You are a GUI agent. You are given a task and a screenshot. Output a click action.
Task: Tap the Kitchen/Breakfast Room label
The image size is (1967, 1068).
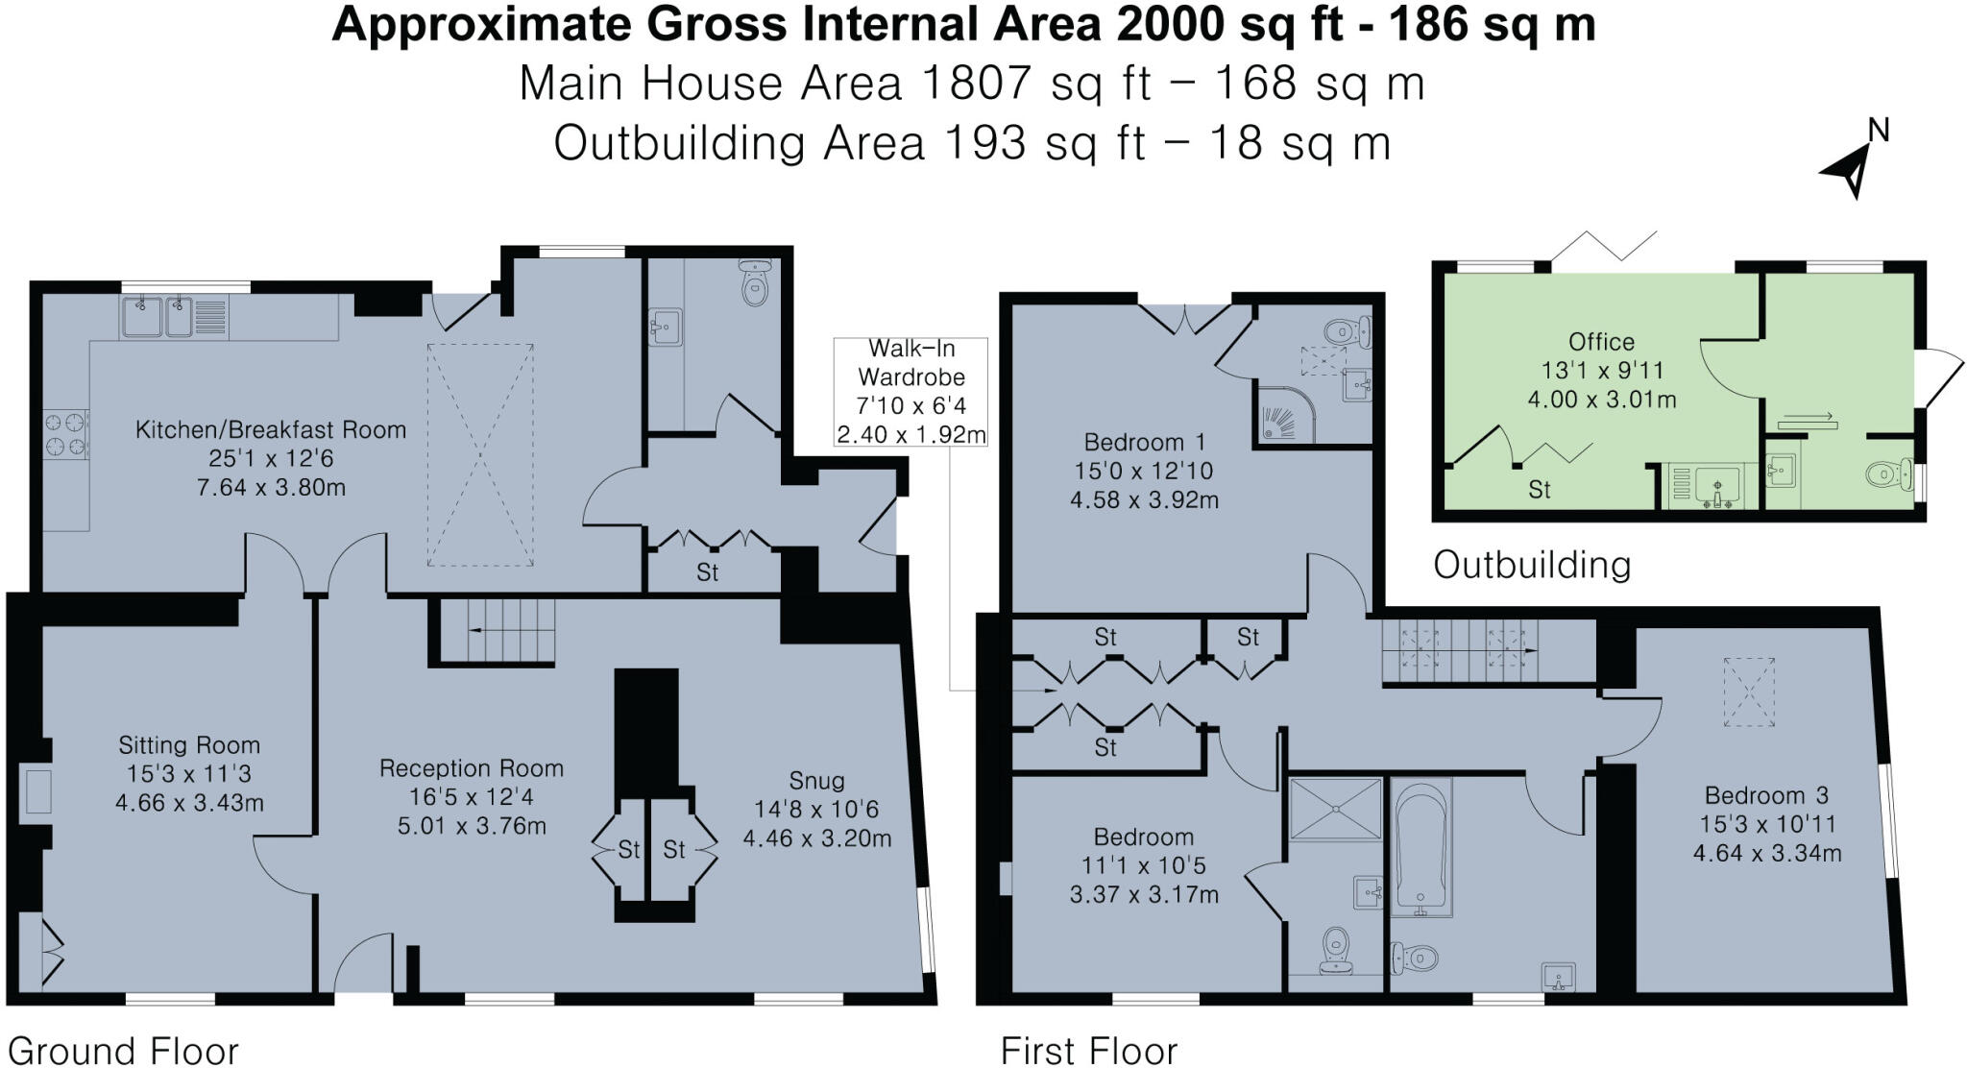pos(271,430)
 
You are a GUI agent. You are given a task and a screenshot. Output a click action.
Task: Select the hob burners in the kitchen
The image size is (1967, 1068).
pos(65,434)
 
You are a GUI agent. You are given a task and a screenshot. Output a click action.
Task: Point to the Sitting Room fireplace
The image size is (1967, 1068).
pos(36,793)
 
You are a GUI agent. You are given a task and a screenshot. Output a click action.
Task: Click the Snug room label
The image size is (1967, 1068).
pos(816,781)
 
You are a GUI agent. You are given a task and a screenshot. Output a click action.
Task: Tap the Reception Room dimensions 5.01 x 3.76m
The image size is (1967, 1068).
pos(472,826)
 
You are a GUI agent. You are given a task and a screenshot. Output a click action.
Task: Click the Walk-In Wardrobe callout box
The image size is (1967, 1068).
pos(911,392)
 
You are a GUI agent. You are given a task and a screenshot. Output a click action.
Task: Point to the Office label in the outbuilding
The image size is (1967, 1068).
pos(1601,342)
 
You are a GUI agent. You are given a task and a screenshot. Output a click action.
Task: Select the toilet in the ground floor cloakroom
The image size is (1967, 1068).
pos(756,283)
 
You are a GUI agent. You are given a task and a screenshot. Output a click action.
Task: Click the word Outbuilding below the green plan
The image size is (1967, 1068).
pos(1532,565)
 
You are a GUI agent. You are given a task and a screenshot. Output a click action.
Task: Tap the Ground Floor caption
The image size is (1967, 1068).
pos(123,1051)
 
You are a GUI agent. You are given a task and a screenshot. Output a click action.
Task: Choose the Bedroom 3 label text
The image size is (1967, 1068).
pos(1766,795)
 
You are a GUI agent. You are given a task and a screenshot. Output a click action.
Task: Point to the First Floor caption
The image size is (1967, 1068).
pos(1088,1051)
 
